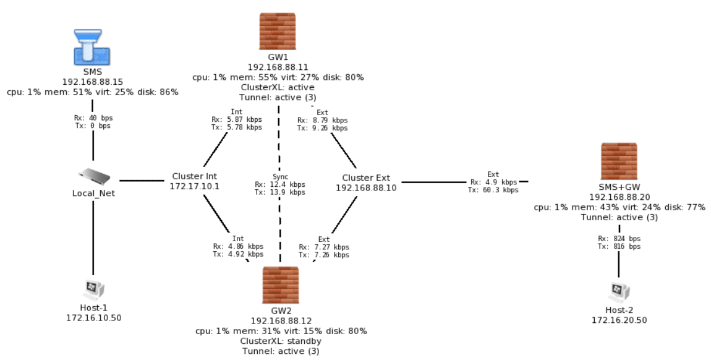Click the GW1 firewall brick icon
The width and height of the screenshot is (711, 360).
pyautogui.click(x=278, y=32)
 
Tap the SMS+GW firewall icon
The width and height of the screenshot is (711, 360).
pyautogui.click(x=619, y=161)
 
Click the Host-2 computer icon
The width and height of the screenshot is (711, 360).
pyautogui.click(x=618, y=289)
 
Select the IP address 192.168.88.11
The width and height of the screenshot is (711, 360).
pyautogui.click(x=278, y=67)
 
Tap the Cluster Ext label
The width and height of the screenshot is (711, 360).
pyautogui.click(x=366, y=178)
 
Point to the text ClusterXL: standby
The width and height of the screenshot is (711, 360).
pyautogui.click(x=281, y=341)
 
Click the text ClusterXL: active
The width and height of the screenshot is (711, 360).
pyautogui.click(x=278, y=88)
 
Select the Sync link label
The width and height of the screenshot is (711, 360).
pyautogui.click(x=280, y=177)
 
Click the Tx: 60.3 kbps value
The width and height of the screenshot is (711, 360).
pyautogui.click(x=493, y=190)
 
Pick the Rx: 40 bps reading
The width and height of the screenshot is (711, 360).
pyautogui.click(x=93, y=118)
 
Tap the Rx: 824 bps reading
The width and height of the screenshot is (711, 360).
pyautogui.click(x=619, y=239)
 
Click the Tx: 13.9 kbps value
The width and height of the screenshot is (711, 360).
pyautogui.click(x=280, y=192)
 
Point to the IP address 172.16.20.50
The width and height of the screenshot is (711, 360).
pyautogui.click(x=619, y=320)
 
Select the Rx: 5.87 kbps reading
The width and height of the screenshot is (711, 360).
pyautogui.click(x=237, y=119)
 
